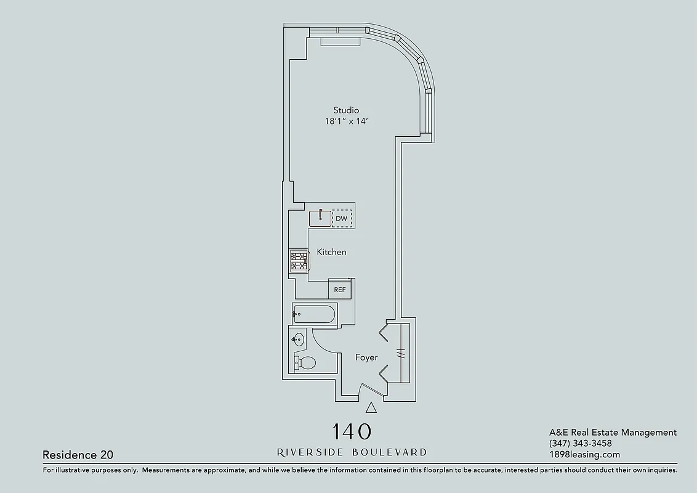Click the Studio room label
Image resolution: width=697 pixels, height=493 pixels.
[x=346, y=110]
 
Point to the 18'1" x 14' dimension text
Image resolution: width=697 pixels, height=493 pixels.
[x=346, y=121]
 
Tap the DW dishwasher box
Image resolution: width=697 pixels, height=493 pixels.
[x=342, y=219]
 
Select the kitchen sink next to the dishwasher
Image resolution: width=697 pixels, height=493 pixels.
[x=320, y=218]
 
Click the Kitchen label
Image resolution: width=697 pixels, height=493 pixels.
[x=331, y=252]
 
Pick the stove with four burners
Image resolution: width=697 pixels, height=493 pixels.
[x=299, y=261]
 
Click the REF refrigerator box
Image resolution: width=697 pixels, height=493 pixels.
[x=339, y=290]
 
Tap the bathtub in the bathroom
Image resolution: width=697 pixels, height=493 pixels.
[x=314, y=314]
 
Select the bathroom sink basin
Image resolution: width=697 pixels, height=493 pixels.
[x=299, y=338]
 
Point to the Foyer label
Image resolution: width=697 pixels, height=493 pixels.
[x=366, y=357]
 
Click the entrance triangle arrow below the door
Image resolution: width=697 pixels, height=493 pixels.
[x=371, y=407]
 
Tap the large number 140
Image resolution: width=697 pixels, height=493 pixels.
[x=352, y=431]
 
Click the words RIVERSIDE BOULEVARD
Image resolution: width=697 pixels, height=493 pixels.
[x=352, y=452]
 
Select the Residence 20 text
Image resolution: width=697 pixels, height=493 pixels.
[x=78, y=455]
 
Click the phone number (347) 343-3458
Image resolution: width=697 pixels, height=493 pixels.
[x=580, y=444]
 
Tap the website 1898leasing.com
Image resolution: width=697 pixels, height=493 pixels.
[x=584, y=455]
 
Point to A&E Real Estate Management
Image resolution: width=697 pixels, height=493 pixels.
[x=613, y=433]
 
